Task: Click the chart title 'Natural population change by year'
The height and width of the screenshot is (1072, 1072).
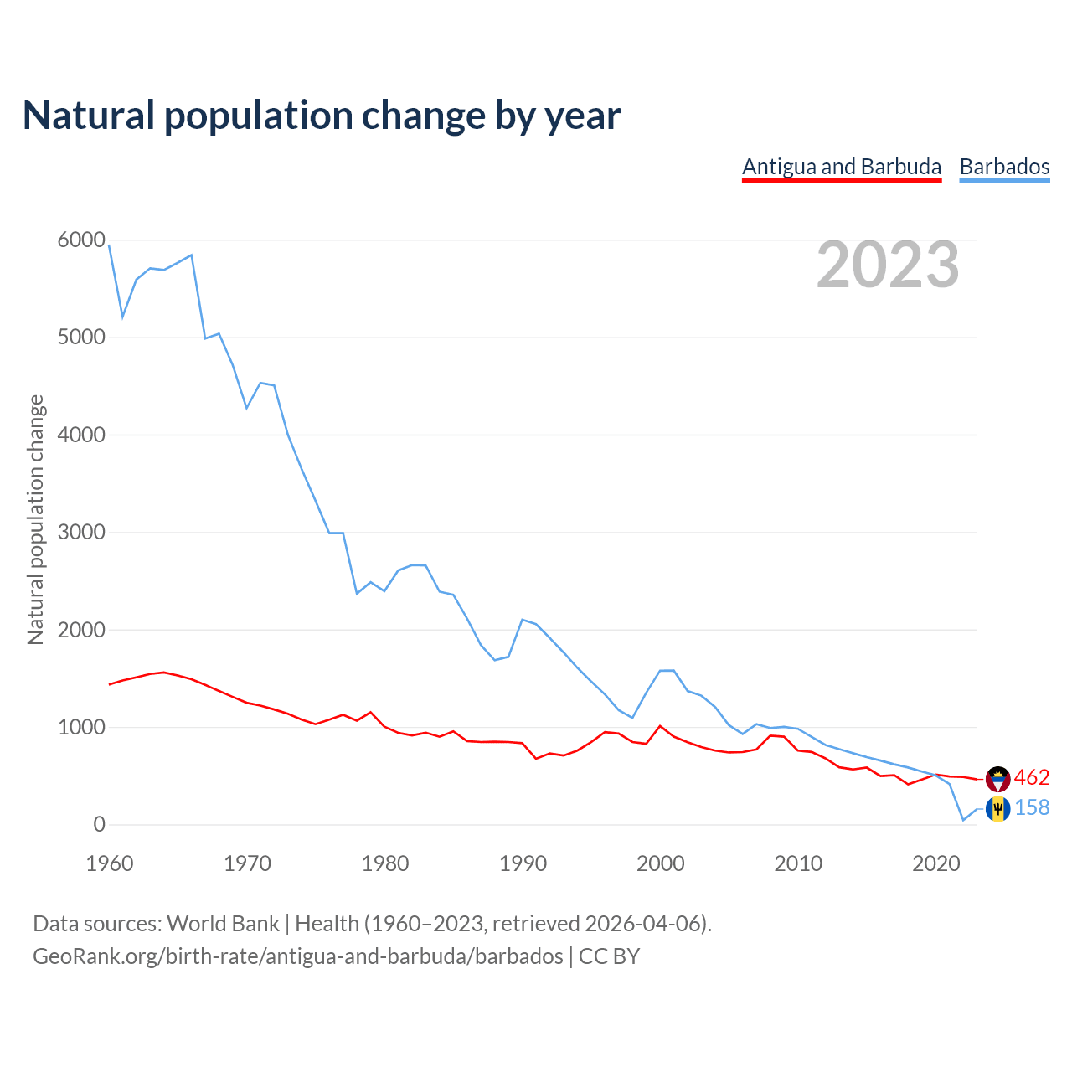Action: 322,116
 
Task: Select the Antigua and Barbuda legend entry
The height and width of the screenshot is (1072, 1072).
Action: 842,167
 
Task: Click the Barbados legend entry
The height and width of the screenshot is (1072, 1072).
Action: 1004,167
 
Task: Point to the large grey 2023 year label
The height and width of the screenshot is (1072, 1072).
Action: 888,265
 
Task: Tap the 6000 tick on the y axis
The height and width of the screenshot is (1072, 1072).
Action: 81,240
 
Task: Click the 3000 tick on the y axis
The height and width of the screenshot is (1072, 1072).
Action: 81,533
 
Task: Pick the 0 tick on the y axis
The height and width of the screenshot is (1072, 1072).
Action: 100,825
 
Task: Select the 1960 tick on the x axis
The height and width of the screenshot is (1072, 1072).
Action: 110,863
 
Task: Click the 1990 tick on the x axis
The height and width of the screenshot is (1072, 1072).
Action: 523,863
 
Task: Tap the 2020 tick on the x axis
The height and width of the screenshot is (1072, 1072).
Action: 935,863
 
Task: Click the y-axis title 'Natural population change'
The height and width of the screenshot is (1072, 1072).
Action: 35,520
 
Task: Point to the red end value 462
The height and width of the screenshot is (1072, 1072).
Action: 1032,778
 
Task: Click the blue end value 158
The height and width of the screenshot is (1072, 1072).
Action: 1032,808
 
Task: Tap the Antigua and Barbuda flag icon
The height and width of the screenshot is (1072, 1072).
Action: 998,779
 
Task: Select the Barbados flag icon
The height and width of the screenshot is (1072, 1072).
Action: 998,809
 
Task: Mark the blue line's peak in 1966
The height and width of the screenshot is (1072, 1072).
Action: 192,255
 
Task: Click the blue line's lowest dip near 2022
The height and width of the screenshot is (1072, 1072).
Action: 963,820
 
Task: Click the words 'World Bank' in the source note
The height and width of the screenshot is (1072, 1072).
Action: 223,924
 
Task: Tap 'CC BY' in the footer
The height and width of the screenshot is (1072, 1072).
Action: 609,956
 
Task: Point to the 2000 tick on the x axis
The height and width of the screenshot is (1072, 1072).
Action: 661,863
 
